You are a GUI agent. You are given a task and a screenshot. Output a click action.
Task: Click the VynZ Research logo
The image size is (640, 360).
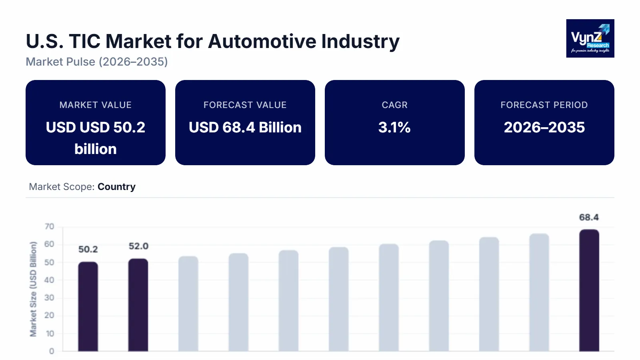590,38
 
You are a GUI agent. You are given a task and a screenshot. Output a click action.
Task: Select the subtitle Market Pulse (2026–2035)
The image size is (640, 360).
97,62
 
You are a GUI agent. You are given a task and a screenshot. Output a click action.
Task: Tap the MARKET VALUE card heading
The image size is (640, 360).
95,105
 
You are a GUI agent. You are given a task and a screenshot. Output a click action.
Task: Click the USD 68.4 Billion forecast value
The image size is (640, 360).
245,127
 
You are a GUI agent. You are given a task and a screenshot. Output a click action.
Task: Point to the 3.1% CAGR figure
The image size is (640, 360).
394,127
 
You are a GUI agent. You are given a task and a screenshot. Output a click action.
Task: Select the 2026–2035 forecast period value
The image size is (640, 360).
544,127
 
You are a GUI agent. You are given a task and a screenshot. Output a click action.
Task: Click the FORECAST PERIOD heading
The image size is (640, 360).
544,105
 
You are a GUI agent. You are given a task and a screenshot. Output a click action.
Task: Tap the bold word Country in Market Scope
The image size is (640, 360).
116,187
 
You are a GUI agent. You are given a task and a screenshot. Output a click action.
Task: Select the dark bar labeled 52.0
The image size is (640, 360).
138,305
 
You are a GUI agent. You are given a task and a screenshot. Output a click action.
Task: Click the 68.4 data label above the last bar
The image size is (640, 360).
589,217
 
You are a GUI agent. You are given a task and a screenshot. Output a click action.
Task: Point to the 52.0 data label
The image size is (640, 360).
138,246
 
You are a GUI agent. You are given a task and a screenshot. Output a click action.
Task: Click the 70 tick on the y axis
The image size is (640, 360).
49,226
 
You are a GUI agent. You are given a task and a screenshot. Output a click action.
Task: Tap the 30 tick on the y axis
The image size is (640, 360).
49,298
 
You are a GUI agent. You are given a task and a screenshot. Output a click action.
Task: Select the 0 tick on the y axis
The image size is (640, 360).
51,351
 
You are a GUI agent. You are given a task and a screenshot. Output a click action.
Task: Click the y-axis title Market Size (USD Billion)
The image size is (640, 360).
33,289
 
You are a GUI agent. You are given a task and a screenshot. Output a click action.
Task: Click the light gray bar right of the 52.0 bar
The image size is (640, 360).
188,304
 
